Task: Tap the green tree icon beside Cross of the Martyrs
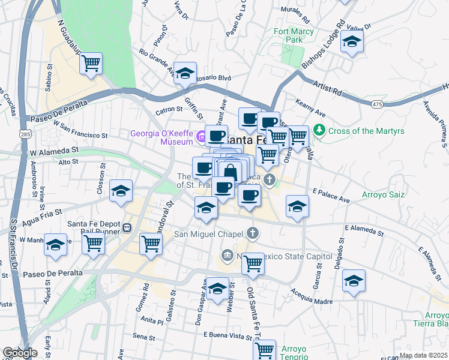[319, 130]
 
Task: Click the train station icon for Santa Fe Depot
[127, 227]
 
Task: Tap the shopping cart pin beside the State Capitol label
[253, 263]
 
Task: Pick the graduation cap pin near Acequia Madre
[354, 280]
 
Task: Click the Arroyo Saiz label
[383, 195]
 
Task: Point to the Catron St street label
[168, 110]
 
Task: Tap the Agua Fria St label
[41, 214]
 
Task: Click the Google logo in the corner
[19, 353]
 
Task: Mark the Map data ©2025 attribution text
[423, 355]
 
